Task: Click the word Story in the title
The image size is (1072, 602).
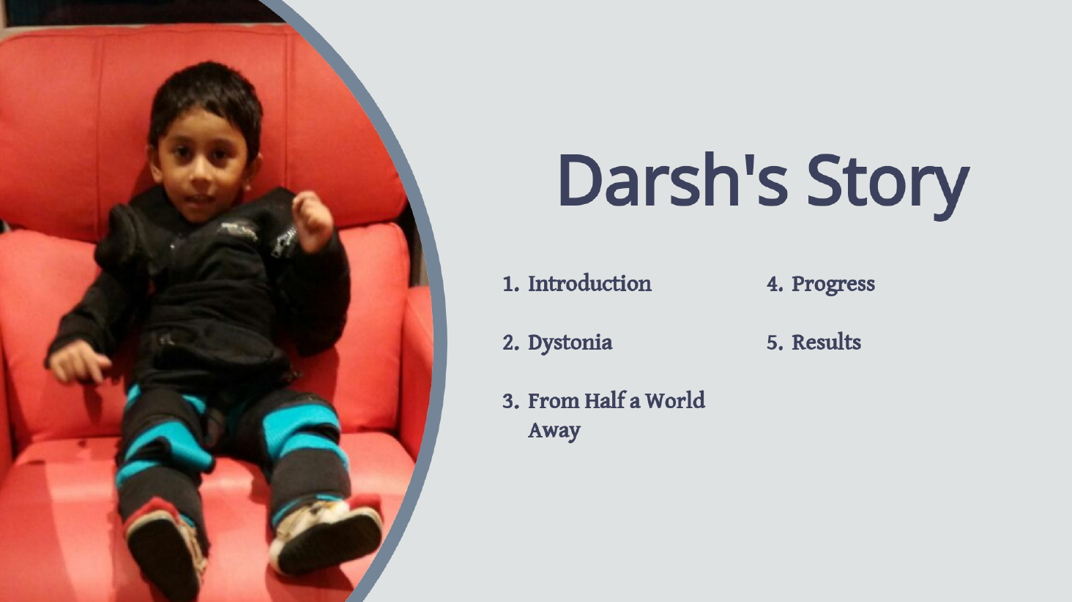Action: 888,186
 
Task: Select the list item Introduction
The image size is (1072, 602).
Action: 589,284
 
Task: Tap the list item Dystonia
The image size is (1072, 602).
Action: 570,343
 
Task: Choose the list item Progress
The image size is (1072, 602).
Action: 833,284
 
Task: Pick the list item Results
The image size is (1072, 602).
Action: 827,342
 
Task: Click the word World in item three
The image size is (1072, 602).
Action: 675,401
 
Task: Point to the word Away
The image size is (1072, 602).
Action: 554,430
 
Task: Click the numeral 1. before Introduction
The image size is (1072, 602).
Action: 511,284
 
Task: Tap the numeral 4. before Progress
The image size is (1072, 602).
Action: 775,284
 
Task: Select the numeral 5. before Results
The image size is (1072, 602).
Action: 775,343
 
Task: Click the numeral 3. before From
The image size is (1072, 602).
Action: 511,401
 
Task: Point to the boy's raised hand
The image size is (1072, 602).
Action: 313,221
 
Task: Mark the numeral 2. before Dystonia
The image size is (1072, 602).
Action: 511,343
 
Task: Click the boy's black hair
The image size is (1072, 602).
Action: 206,96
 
